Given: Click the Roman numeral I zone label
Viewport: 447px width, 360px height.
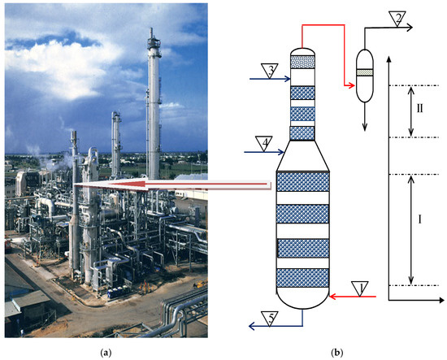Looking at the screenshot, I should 419,220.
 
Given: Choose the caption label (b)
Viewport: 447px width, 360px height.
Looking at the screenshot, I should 336,351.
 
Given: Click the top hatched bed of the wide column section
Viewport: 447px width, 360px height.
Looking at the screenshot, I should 302,181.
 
